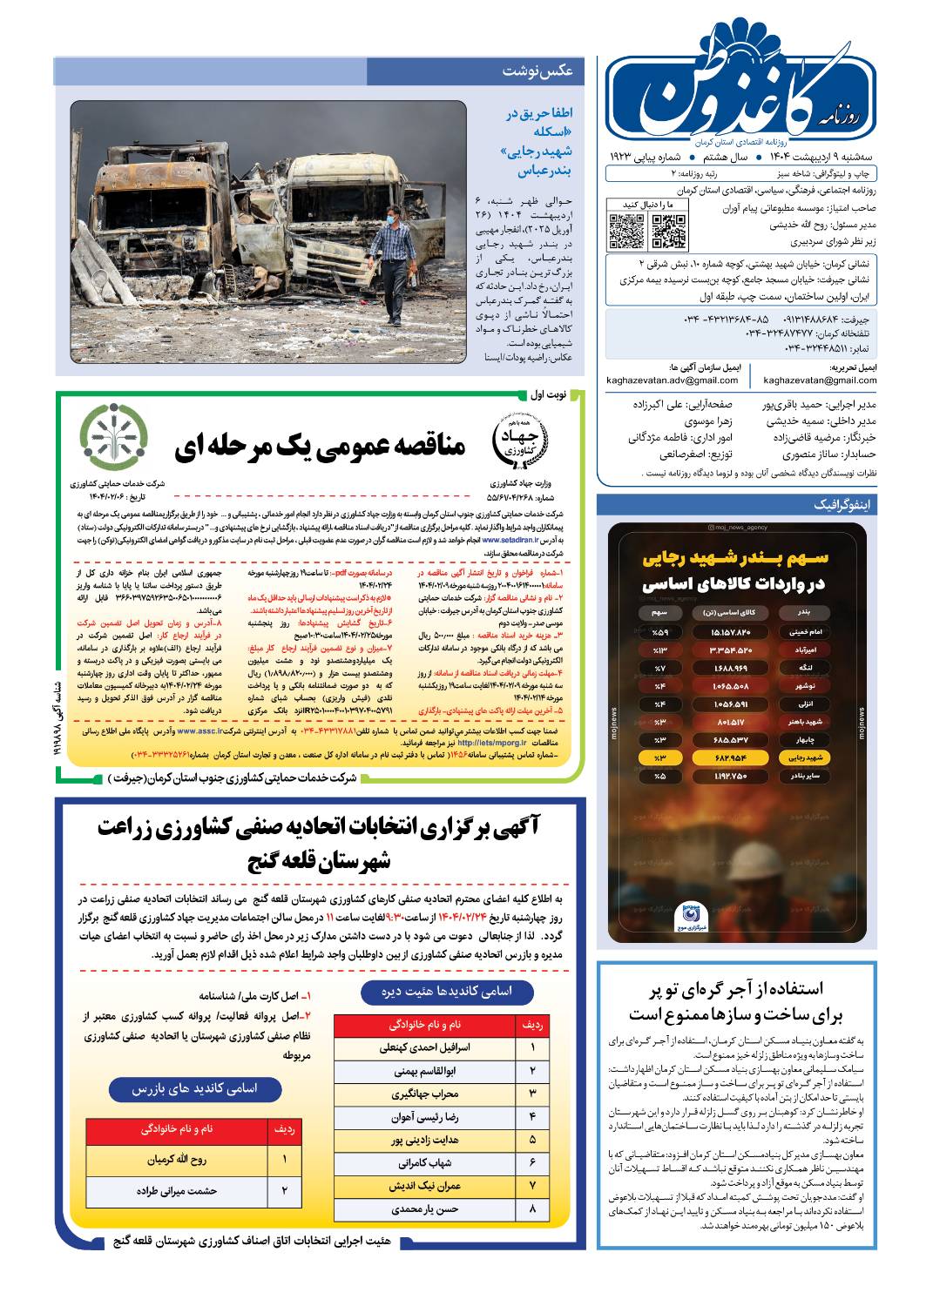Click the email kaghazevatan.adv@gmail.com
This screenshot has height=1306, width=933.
tap(673, 380)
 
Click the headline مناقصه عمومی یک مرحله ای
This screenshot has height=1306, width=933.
tap(320, 447)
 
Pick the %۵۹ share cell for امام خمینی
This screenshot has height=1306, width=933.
tap(660, 631)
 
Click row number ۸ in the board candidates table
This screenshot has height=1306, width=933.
tap(532, 1208)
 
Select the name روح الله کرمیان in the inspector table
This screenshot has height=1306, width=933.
tap(177, 1160)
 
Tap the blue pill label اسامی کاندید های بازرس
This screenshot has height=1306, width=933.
tap(195, 1088)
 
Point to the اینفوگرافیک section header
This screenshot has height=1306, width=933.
tap(841, 505)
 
